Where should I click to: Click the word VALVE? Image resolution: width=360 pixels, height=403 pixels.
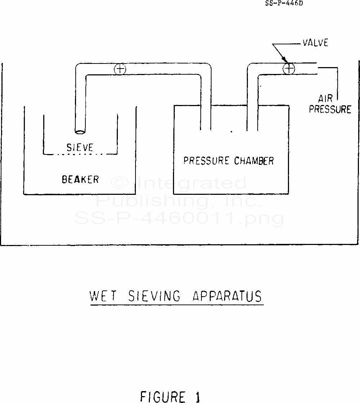(315, 43)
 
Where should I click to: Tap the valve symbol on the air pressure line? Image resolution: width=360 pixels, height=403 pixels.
(289, 68)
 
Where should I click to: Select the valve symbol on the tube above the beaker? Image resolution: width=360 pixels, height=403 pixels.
(119, 69)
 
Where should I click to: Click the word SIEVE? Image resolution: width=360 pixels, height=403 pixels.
(80, 147)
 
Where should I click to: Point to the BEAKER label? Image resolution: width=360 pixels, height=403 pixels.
(80, 179)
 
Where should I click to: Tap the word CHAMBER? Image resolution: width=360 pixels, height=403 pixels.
(254, 161)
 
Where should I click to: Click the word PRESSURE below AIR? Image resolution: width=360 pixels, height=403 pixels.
(330, 109)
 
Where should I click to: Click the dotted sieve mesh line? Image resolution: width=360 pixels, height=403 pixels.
(80, 154)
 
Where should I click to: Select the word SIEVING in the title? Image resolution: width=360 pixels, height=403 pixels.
(155, 296)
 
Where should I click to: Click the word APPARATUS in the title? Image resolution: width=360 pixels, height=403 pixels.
(227, 296)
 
